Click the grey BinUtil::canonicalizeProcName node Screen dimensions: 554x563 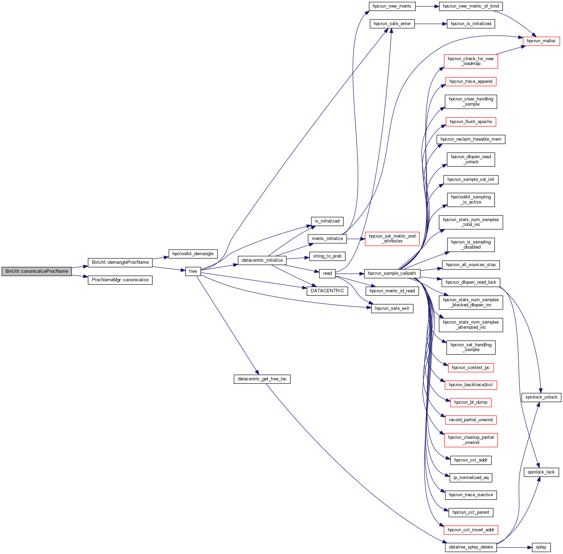(36, 271)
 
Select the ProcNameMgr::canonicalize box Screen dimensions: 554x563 (120, 280)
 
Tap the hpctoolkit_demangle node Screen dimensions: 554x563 (193, 254)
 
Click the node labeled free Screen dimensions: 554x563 (193, 271)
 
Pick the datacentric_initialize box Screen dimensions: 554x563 (262, 260)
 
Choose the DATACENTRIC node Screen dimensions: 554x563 (327, 291)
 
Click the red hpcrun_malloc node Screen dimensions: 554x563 (541, 41)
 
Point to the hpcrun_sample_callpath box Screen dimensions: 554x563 (392, 273)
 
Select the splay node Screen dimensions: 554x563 (541, 547)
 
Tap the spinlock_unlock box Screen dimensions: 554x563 (541, 397)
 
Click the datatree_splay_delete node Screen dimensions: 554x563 (470, 547)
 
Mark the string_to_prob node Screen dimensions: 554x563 (327, 256)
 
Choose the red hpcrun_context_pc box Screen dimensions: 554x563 (470, 368)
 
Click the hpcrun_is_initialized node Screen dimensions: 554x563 (470, 24)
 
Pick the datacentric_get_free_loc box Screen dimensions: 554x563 (262, 379)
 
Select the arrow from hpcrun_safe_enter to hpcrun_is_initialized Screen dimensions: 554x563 (431, 24)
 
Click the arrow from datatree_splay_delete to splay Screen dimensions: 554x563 (514, 547)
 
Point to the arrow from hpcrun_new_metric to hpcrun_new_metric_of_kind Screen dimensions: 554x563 (427, 6)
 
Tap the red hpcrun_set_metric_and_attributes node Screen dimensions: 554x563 (392, 239)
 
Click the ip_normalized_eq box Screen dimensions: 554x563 (470, 478)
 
